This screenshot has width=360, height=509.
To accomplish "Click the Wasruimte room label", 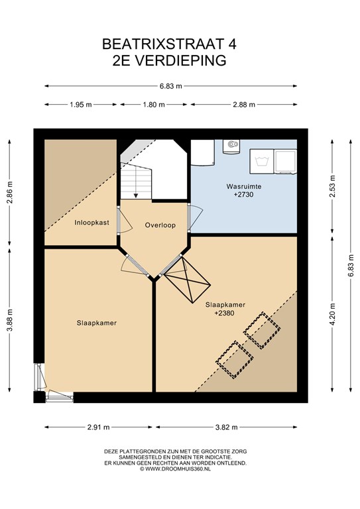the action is coord(244,187).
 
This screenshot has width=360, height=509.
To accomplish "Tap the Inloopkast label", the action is coord(92,223).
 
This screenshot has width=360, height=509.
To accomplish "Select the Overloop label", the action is coord(160,225).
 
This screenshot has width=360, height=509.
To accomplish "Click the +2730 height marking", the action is coord(243,195).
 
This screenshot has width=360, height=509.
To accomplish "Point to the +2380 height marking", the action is coord(224,313).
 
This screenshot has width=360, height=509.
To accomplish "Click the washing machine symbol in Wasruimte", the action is coord(261,161).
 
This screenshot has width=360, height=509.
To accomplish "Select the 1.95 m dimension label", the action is coord(81,105).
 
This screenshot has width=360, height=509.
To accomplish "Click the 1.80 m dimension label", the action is coord(154,105).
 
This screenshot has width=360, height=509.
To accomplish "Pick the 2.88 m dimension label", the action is coord(244,105).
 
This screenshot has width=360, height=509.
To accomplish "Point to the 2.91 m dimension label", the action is coord(98,427).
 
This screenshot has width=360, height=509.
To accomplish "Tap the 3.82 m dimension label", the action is coord(227,427).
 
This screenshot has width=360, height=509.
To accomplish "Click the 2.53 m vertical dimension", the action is coord(332,186).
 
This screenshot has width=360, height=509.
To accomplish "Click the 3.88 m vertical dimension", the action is coord(11,319).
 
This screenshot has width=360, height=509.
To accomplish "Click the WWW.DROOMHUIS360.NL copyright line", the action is coord(175,469).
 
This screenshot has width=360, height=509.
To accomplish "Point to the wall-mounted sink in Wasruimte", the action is coord(231,146).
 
